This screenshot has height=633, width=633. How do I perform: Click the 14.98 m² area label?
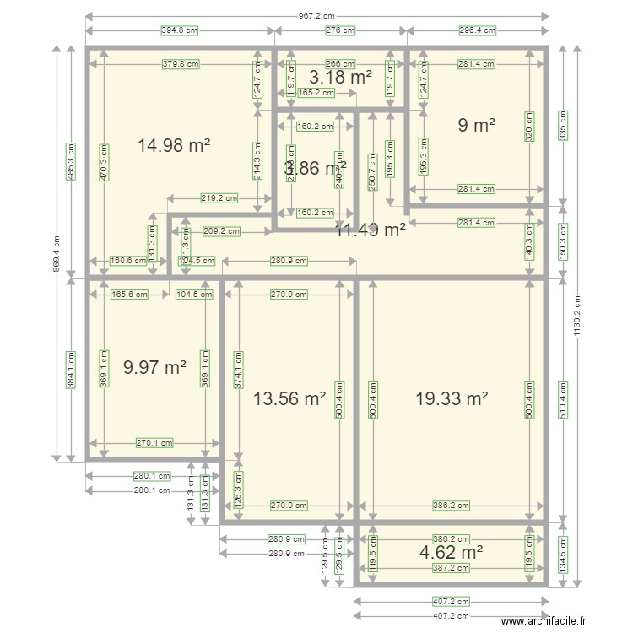173,146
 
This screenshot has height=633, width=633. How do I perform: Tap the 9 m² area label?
476,125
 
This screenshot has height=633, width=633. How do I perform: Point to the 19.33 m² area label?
452,398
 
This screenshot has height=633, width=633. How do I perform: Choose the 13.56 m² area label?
289,398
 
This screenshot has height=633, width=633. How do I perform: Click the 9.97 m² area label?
154,368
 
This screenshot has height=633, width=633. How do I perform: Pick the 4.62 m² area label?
451,553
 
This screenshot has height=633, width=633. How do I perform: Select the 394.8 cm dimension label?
179,30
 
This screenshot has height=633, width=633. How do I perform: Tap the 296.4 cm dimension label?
477,30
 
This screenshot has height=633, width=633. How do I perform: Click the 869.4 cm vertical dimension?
57,252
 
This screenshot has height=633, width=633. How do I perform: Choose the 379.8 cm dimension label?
180,63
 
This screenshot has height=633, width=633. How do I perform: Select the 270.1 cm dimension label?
154,442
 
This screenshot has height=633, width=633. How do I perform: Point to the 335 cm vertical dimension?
563,126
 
